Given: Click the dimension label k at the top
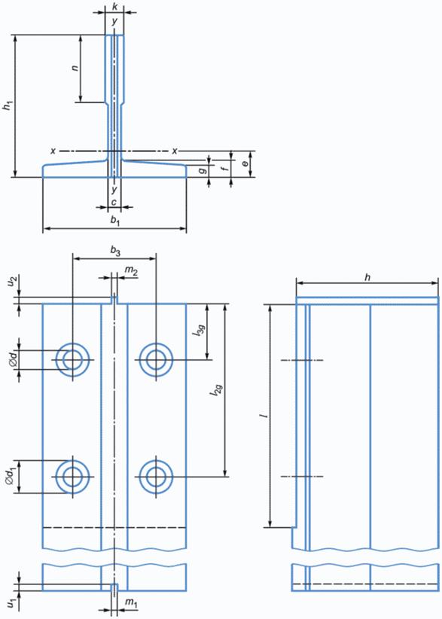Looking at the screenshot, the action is pos(114,7).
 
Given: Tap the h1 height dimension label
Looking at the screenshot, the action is pos(7,107).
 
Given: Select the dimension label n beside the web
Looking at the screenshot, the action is pos(75,68).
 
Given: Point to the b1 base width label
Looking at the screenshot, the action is pos(115,221).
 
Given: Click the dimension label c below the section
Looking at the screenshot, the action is pos(114,202).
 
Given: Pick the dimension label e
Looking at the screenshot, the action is pos(246,163).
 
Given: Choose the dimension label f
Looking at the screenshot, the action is pos(225,169).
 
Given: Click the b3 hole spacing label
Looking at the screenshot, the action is pos(115,252).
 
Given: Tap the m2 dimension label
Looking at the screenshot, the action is pos(131,270).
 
